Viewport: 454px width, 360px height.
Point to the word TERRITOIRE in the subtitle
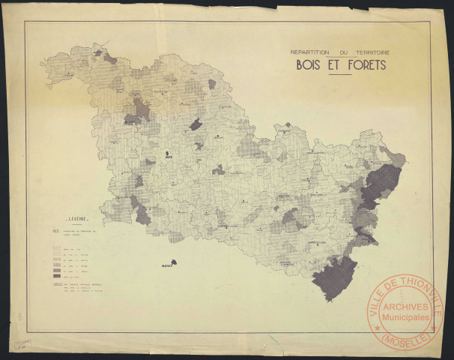coord(379,51)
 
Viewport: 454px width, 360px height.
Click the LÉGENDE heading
coord(75,220)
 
